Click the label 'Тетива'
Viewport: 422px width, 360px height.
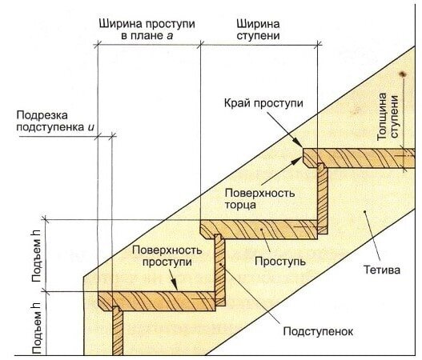point(382,270)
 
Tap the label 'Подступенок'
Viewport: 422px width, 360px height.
point(318,331)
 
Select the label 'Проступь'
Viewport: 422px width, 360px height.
point(280,261)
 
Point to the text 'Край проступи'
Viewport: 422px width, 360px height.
point(263,103)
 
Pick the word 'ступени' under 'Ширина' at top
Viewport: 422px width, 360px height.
point(259,36)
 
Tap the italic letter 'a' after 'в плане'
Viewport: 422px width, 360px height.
point(170,36)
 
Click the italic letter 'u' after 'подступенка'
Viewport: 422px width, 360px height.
point(91,127)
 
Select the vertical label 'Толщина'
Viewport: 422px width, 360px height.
point(382,117)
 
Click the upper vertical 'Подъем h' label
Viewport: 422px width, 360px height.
point(37,256)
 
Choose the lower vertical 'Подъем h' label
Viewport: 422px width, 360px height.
point(37,328)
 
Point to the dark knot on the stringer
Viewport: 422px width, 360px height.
point(403,74)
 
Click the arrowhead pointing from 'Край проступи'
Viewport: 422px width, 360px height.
point(299,142)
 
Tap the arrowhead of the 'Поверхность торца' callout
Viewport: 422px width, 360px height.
point(298,161)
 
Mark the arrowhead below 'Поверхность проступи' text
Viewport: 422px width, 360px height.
point(175,284)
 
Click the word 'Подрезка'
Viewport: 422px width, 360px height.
point(42,115)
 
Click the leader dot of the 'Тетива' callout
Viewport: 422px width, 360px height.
point(365,211)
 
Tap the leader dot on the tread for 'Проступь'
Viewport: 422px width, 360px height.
point(261,229)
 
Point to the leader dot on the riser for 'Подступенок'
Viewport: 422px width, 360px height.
point(220,264)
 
